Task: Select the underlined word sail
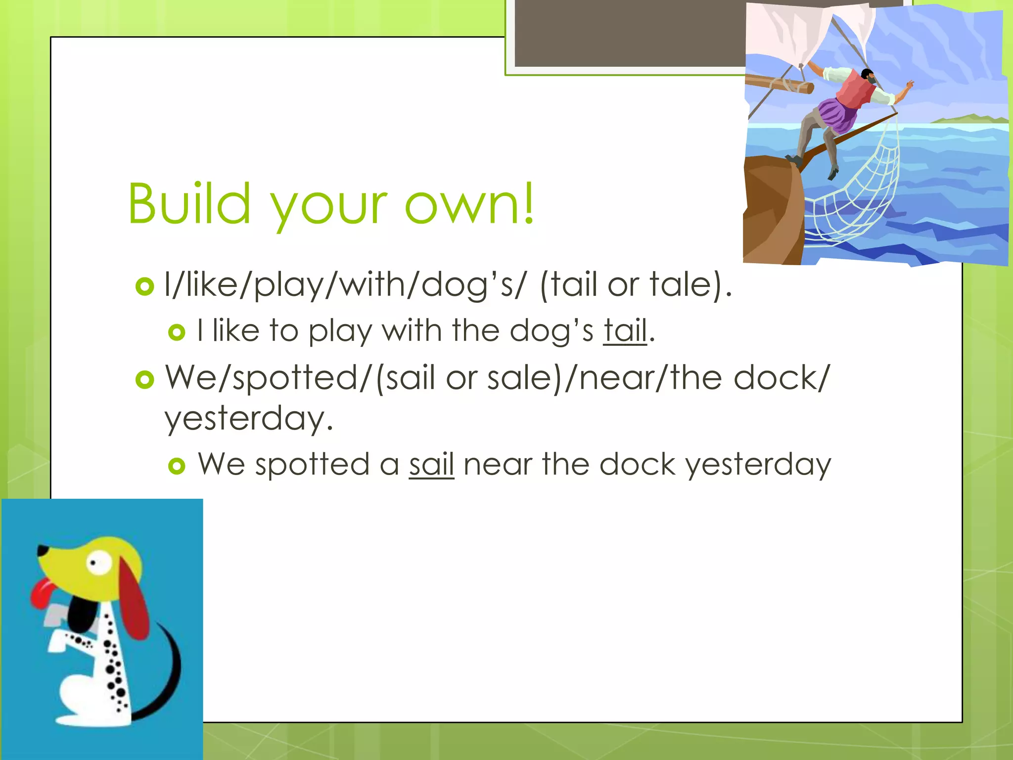click(431, 465)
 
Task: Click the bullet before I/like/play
click(144, 286)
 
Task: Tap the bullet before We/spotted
click(144, 380)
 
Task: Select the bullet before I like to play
click(177, 332)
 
